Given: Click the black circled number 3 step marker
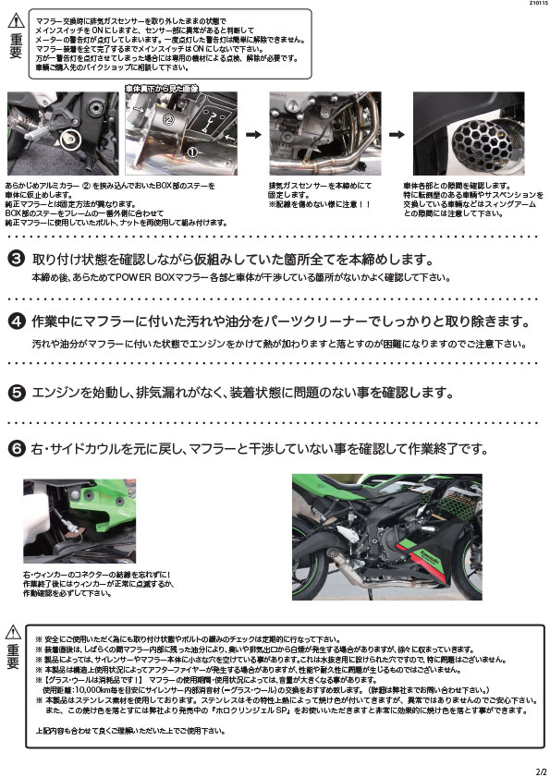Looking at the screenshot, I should coord(16,258).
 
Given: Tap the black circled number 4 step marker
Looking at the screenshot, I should coord(16,322).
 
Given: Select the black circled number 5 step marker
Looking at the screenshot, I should coord(16,392).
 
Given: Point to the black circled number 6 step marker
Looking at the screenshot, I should coord(16,449).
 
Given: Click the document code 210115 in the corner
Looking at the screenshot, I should coord(532,6).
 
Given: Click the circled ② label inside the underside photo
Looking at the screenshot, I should coord(169,119).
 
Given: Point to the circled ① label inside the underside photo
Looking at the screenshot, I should coord(192,151).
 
